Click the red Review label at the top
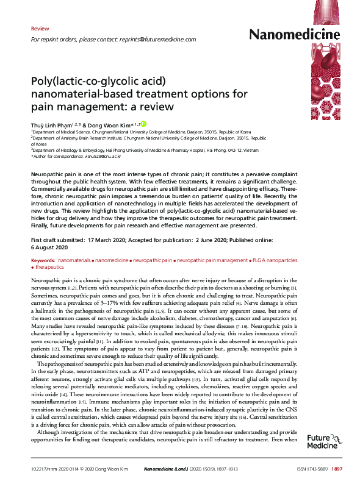point(40,29)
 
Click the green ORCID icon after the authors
point(143,124)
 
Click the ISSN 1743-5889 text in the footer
point(311,469)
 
